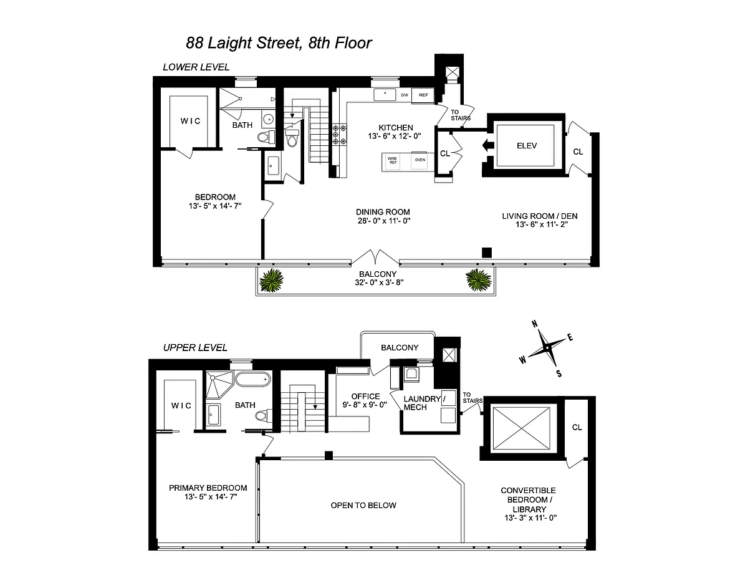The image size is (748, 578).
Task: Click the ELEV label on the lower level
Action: [527, 146]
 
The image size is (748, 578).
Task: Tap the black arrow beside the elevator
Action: [488, 145]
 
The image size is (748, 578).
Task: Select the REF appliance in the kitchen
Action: [423, 95]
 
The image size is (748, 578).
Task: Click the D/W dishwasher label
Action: [405, 95]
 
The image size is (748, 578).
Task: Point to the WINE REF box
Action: [393, 160]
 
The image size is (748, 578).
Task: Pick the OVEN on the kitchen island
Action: [420, 160]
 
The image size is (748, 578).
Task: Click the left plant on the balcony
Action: [271, 280]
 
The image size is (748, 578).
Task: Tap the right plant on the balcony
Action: [478, 280]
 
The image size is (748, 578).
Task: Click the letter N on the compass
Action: [535, 324]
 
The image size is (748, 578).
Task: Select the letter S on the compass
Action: [559, 374]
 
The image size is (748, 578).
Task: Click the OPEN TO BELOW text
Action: [363, 506]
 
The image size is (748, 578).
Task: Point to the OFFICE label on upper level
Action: [365, 396]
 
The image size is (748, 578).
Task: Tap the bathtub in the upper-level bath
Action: [253, 379]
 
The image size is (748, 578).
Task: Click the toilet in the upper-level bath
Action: [264, 416]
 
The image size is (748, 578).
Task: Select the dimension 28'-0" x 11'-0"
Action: [384, 221]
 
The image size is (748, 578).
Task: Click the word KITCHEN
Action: [396, 127]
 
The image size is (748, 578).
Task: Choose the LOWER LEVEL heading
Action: [196, 67]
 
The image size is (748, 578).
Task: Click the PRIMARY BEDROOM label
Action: [208, 488]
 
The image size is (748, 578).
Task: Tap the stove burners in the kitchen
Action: [340, 135]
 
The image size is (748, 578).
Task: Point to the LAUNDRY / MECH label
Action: [424, 403]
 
